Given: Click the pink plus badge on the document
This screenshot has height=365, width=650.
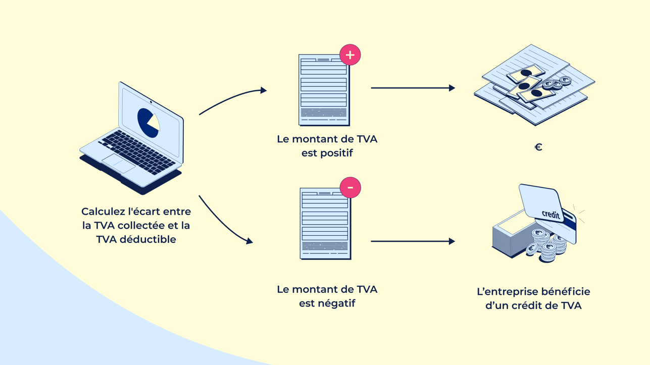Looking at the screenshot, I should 350,55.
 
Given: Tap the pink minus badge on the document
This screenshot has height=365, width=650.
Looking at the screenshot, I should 350,188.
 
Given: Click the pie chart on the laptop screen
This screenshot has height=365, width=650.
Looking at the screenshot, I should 148,123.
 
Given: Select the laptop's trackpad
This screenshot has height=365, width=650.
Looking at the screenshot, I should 118,163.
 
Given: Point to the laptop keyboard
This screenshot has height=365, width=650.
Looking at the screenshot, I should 136,150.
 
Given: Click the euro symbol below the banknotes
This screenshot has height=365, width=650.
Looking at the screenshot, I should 538,147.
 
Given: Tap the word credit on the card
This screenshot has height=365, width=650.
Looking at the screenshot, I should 551,214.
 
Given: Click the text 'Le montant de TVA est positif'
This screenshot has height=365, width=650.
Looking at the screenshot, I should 327,146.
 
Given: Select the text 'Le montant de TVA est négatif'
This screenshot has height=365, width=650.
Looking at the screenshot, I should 327,296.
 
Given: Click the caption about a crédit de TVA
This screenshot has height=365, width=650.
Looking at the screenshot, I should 533,298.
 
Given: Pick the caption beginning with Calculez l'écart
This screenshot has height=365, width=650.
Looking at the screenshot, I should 136,225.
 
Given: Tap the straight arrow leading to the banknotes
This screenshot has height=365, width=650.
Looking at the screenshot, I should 412,88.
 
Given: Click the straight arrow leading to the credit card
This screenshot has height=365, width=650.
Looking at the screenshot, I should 412,241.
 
